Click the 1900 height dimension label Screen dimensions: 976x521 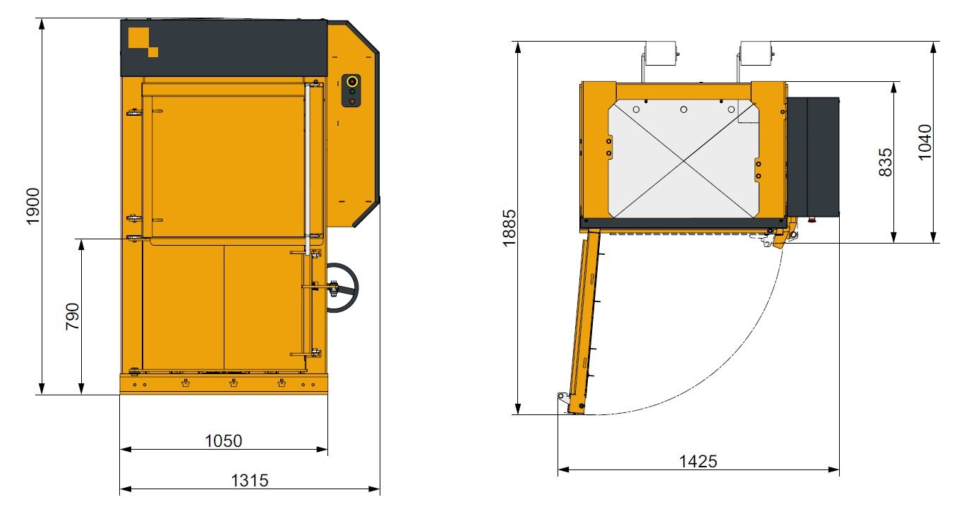[x=34, y=207]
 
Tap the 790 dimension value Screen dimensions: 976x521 [x=73, y=316]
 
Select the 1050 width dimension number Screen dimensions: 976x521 [x=224, y=441]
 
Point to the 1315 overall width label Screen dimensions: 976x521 [x=250, y=481]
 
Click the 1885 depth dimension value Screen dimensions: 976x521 [x=510, y=228]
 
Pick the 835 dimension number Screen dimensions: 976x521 [x=886, y=162]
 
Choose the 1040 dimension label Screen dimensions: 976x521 [x=925, y=142]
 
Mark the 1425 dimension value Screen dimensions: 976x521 [x=698, y=461]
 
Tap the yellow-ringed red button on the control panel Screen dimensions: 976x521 [x=352, y=81]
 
